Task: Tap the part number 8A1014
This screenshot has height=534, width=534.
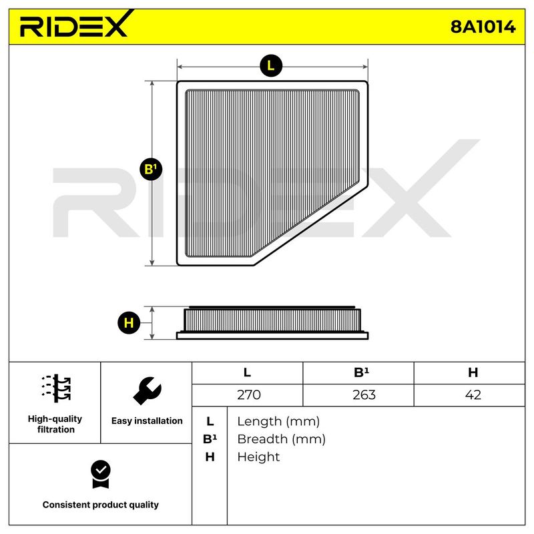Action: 483,27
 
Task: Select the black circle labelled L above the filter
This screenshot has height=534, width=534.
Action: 271,65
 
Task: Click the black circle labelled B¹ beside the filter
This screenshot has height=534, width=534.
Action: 151,170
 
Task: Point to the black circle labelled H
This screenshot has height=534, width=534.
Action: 129,322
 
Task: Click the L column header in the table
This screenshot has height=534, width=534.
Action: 247,372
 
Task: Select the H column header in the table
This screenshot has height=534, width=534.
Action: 473,372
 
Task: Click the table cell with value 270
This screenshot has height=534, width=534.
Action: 249,394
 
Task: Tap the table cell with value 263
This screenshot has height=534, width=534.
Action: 364,394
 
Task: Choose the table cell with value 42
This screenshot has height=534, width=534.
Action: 473,394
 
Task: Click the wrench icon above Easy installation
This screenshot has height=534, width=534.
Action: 147,390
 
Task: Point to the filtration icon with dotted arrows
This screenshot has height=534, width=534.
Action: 56,388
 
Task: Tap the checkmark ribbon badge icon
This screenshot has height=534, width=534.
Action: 101,475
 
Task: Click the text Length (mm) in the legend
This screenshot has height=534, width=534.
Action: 278,422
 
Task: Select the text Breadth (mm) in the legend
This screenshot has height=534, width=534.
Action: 281,439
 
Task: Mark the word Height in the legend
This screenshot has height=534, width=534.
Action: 258,457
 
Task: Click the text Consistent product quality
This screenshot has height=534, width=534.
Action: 101,505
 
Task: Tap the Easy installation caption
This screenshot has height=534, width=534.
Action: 147,421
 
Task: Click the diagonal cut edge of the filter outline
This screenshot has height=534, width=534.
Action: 311,225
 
